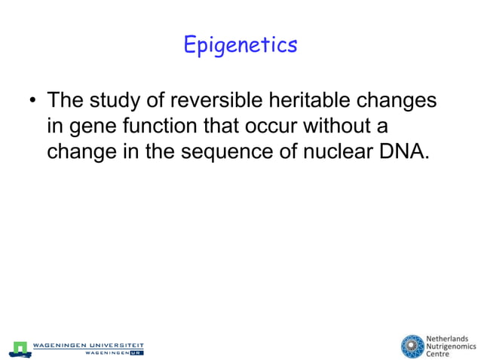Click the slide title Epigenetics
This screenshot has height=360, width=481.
click(x=240, y=45)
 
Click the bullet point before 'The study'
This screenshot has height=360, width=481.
click(x=33, y=102)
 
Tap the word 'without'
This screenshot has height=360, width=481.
click(x=337, y=126)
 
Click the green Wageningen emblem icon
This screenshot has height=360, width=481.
click(x=19, y=348)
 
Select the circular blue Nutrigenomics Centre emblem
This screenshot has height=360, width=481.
click(x=412, y=345)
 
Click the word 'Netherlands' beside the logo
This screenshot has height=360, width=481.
click(x=447, y=338)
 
